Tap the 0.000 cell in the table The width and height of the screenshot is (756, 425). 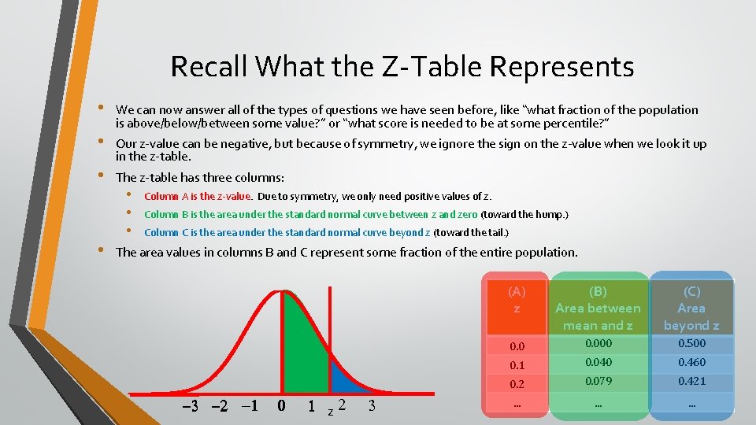598,344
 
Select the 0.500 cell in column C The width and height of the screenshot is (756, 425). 691,344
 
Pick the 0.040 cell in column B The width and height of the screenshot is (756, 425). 598,363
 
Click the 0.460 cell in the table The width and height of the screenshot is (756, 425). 691,363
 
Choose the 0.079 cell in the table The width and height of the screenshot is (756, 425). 598,382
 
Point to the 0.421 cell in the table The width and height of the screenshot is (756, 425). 691,382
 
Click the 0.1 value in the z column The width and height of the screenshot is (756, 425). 517,364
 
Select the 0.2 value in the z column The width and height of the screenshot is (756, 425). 517,383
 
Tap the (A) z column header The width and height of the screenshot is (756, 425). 517,300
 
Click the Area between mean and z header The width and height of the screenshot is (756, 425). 598,309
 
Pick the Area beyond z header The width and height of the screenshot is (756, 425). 691,309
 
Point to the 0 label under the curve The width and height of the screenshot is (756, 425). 281,406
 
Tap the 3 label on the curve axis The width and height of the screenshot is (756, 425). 371,406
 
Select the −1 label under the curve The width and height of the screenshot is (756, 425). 249,406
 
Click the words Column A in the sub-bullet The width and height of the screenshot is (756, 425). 163,196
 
